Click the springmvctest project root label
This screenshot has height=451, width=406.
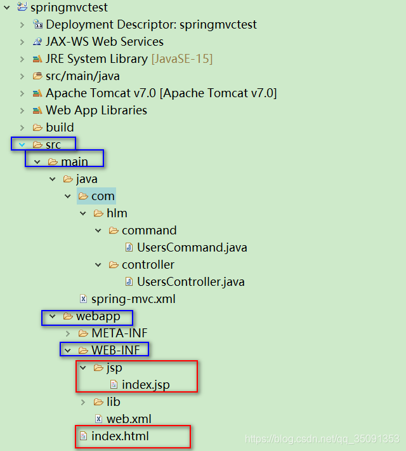[69, 8]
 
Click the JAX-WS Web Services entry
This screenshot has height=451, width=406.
[104, 42]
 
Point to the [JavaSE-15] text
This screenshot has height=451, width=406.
[181, 59]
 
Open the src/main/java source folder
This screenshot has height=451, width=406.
[82, 76]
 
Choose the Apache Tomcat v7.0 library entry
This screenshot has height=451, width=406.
[160, 93]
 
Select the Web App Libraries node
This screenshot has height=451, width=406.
[96, 111]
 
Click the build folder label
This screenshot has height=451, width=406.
[60, 128]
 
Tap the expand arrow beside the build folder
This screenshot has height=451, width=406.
[22, 128]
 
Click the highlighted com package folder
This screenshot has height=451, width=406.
[103, 196]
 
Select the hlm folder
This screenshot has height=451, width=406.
[117, 213]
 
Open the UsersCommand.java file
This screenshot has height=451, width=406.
[192, 248]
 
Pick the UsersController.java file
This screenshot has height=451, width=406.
[190, 282]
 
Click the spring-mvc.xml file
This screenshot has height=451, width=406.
[133, 299]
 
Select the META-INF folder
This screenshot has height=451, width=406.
[119, 333]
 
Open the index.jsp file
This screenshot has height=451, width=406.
[145, 385]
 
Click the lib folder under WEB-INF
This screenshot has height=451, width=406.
[113, 402]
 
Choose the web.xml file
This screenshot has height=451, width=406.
[128, 419]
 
